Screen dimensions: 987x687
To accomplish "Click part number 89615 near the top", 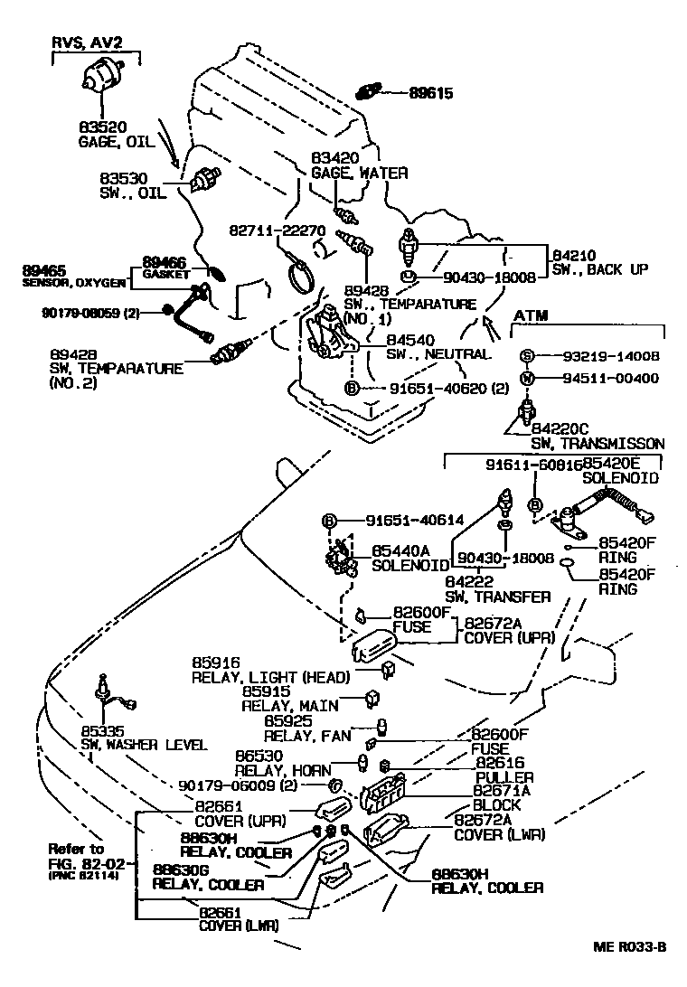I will click(x=429, y=92).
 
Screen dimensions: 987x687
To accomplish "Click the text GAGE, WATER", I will click(x=359, y=173).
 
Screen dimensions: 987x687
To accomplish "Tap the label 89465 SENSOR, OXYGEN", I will click(x=74, y=276).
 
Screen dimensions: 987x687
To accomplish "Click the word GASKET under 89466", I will click(x=165, y=274).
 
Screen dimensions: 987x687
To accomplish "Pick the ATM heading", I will click(x=532, y=315).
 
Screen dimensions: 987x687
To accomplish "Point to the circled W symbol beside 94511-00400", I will click(x=528, y=378).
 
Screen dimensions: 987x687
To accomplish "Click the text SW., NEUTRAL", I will click(x=438, y=353).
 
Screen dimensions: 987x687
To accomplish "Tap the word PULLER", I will click(x=504, y=777).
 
